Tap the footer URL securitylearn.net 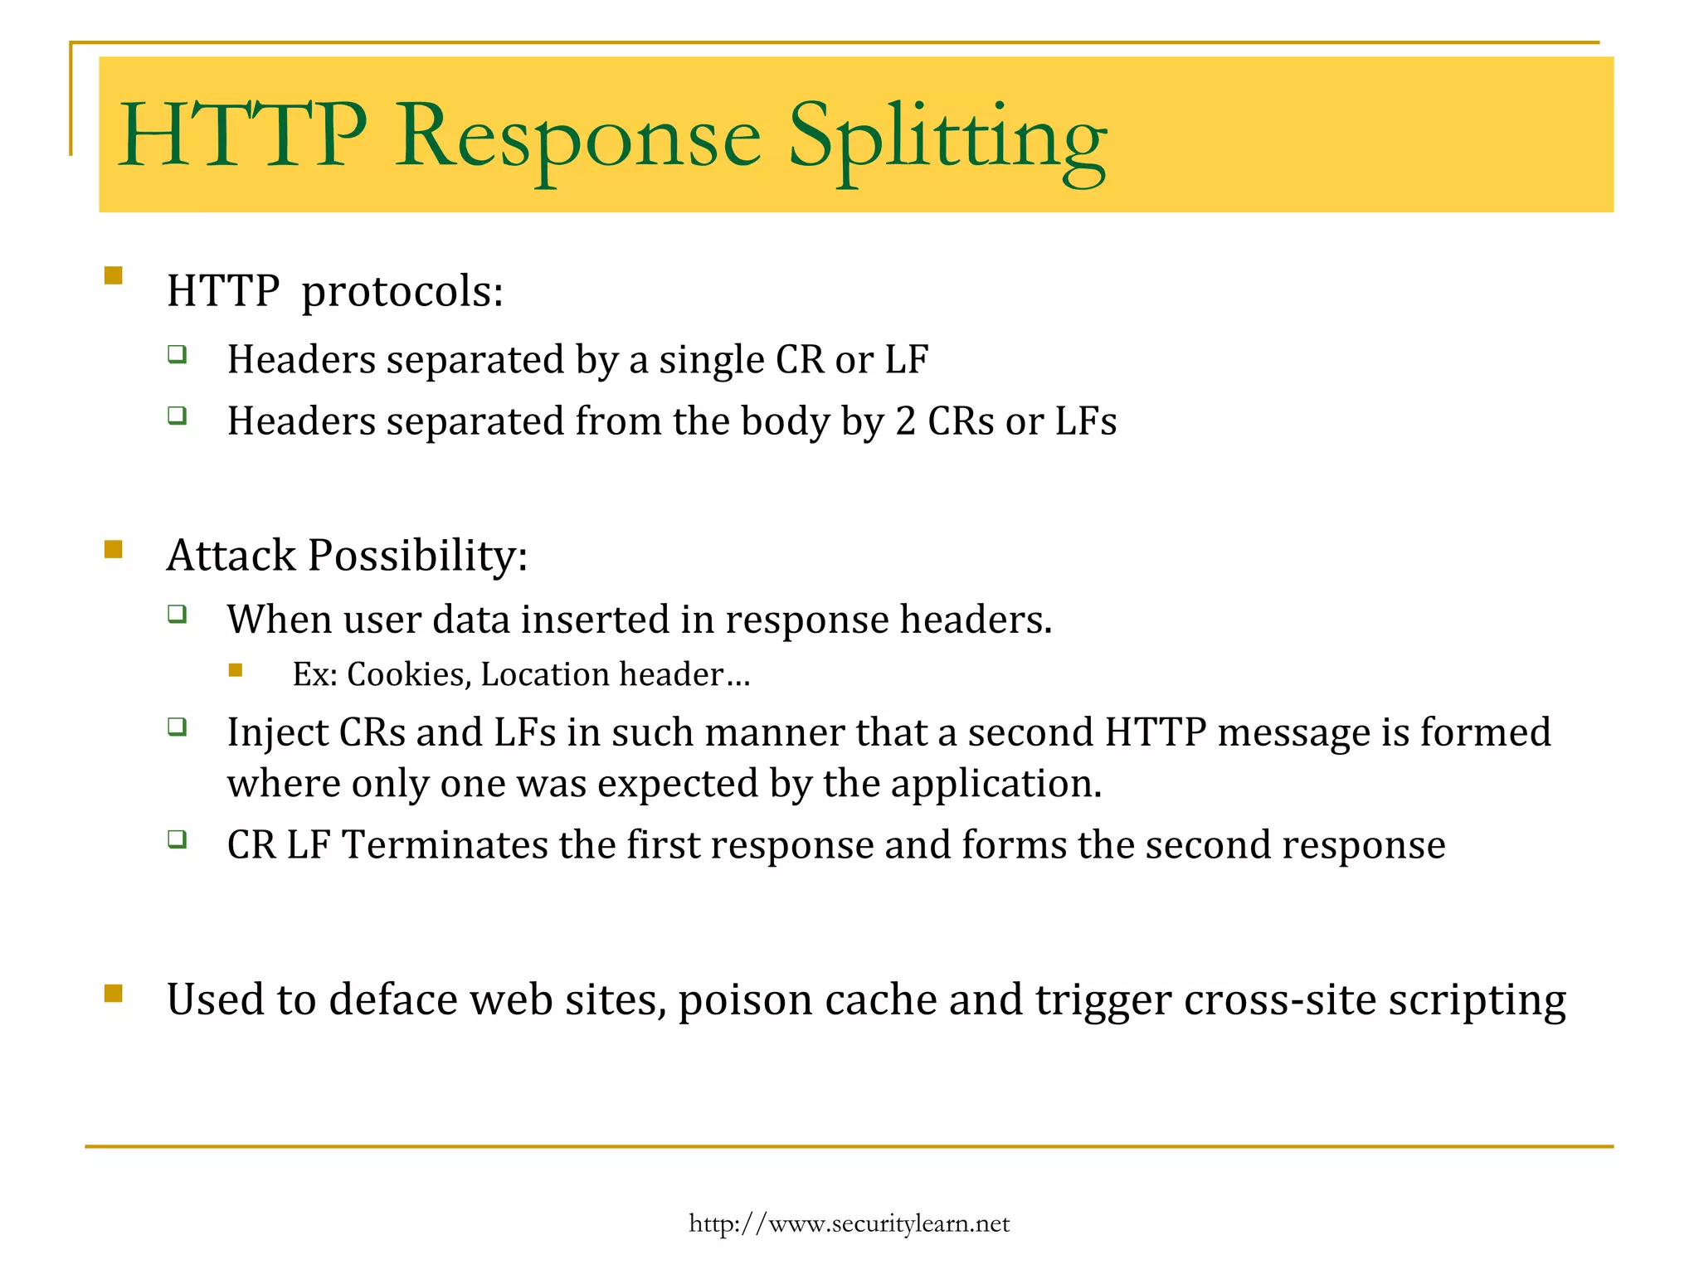coord(849,1223)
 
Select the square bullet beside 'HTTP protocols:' coord(114,275)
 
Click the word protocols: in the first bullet coord(402,291)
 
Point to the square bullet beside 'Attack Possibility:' coord(114,549)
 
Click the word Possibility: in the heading coord(417,555)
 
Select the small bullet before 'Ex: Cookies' coord(236,670)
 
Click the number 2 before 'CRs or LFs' coord(905,421)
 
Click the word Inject coord(277,732)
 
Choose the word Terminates coord(445,845)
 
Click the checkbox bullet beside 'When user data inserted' coord(177,614)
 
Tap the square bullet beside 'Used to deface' coord(114,993)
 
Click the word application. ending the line coord(996,784)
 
